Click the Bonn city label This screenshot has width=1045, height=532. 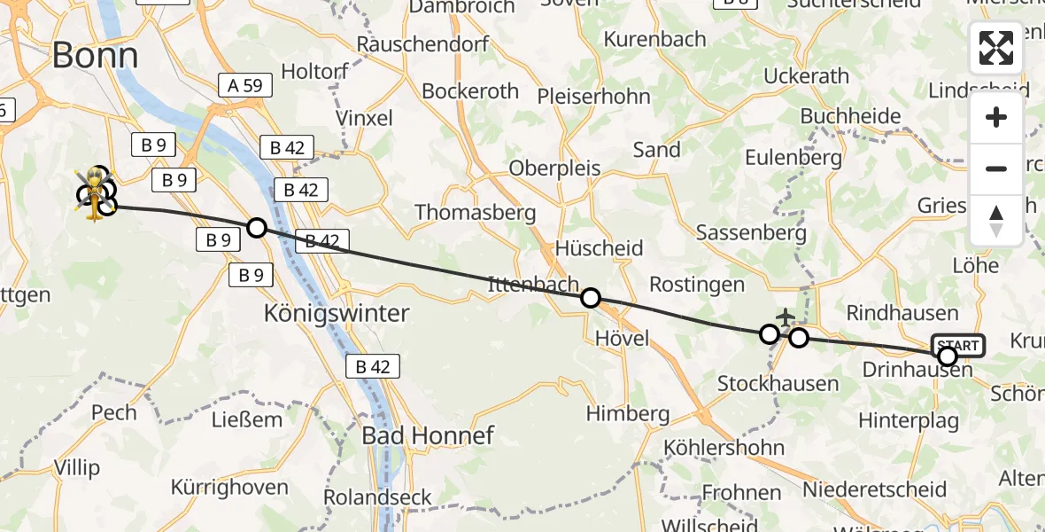(x=95, y=56)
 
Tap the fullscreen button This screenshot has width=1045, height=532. (x=996, y=48)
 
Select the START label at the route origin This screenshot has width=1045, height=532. (x=957, y=346)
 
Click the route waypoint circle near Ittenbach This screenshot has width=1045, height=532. (x=590, y=298)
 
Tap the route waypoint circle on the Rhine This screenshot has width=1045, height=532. (x=256, y=228)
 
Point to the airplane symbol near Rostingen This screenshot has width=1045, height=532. (x=786, y=316)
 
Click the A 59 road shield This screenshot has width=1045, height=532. (x=241, y=85)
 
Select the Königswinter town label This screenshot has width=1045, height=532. (x=337, y=313)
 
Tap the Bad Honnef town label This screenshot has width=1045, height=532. (x=428, y=435)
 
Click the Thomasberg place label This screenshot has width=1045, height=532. (x=476, y=213)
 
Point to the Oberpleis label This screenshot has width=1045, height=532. (x=554, y=168)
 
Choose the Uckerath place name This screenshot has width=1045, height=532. (x=806, y=76)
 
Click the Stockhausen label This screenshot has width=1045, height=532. (x=778, y=384)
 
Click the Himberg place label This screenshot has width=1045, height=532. (x=627, y=414)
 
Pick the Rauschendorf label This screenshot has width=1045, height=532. (x=412, y=44)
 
